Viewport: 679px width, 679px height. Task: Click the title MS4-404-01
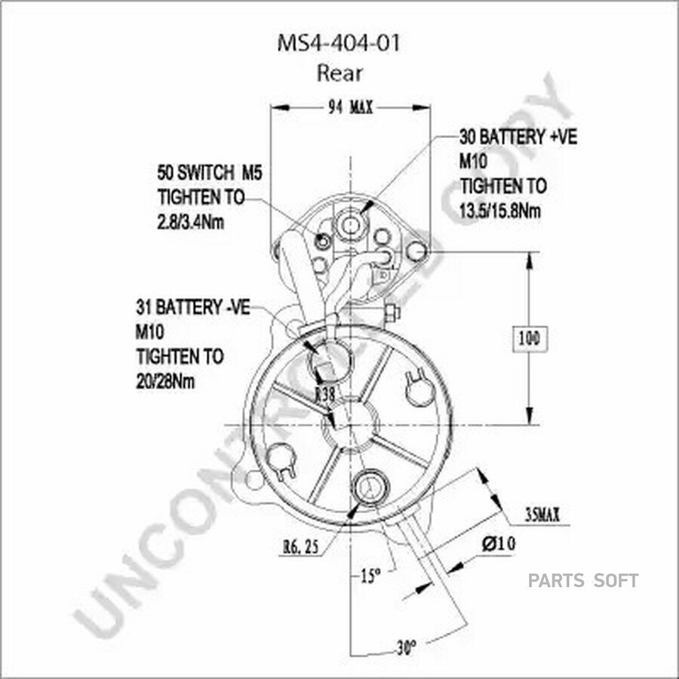tap(338, 43)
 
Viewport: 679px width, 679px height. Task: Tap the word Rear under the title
tap(339, 73)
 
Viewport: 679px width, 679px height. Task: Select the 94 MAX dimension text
tap(350, 107)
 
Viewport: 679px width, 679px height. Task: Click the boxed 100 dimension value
tap(529, 339)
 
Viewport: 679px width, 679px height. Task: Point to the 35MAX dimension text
tap(542, 515)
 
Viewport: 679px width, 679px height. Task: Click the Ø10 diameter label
tap(499, 543)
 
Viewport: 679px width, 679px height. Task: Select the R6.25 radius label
tap(301, 548)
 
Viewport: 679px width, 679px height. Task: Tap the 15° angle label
tap(370, 576)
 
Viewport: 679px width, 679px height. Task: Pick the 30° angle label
tap(406, 648)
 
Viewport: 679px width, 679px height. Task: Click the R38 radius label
tap(325, 394)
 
